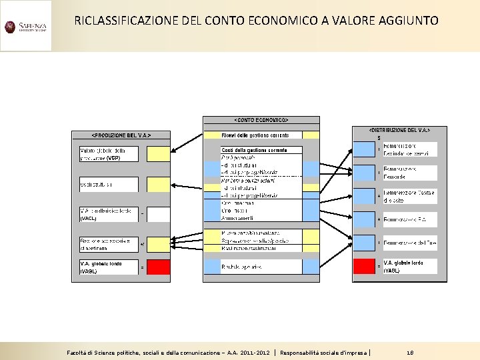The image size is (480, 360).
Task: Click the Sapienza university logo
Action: (x=25, y=27)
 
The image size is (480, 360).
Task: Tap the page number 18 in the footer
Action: (x=410, y=351)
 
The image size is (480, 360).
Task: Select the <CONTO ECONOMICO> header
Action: (x=261, y=120)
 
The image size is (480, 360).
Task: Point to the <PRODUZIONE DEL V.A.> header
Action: (x=121, y=135)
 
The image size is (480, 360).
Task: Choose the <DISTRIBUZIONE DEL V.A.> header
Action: (x=399, y=130)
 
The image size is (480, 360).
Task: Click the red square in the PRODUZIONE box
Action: (x=159, y=267)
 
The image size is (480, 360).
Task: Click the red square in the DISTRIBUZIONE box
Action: (x=364, y=266)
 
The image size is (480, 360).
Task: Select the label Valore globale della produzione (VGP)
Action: (x=109, y=154)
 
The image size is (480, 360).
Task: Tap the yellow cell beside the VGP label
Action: (x=159, y=154)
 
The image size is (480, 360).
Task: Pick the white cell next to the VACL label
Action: (x=159, y=215)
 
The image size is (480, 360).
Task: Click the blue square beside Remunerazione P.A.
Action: (x=364, y=219)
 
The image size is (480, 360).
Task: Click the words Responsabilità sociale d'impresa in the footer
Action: (x=324, y=351)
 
